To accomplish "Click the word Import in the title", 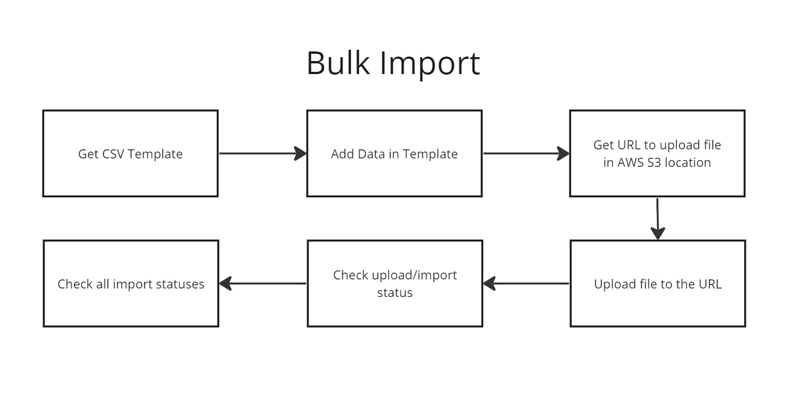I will click(430, 64).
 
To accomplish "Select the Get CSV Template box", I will click(130, 153).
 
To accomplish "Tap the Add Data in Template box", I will click(394, 153).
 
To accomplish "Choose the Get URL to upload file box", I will click(657, 153).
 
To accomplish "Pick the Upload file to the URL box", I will click(658, 283).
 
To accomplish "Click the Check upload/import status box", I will click(394, 283).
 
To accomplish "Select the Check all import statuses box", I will click(131, 283).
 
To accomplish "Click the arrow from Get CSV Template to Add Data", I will click(263, 153).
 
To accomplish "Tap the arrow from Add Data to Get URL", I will click(526, 153).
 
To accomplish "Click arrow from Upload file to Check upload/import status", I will click(526, 283).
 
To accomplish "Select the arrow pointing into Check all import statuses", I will click(263, 283).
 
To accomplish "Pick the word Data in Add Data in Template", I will click(371, 154).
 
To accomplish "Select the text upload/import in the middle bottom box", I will click(414, 275).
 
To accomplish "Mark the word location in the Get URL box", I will click(688, 163).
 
